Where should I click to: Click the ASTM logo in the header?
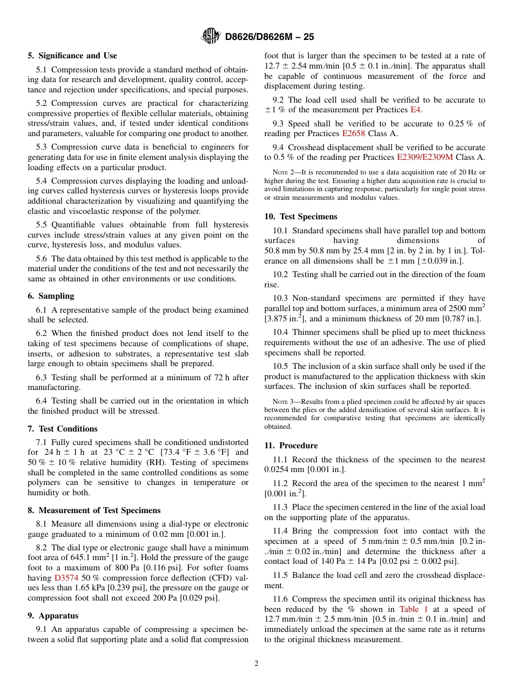(210, 36)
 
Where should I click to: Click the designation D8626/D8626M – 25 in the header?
(269, 37)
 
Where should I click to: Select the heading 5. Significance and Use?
(72, 56)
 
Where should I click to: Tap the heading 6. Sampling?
(51, 296)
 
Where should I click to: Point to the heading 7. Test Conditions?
(63, 429)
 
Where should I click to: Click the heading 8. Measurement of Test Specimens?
(94, 510)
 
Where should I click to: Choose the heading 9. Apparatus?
(53, 616)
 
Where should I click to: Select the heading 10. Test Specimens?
(301, 217)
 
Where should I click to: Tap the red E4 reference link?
(416, 110)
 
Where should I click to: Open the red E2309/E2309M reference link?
(425, 157)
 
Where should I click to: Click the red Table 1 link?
(414, 609)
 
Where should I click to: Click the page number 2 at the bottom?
(256, 664)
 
